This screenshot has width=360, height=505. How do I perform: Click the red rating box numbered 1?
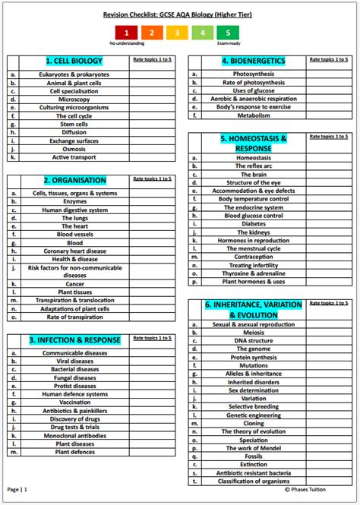pos(126,33)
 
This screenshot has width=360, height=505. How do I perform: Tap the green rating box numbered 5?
pos(228,33)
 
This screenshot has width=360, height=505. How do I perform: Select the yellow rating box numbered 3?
pos(177,33)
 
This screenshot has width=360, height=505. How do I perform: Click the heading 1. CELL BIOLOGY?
pos(74,61)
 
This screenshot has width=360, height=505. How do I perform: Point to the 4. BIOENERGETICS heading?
pos(253,61)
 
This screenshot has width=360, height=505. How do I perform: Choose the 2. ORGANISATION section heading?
pos(74,180)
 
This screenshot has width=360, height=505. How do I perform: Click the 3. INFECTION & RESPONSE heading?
pos(74,339)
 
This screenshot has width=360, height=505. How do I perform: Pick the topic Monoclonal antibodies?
pos(74,435)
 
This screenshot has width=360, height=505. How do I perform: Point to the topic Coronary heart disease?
pos(74,251)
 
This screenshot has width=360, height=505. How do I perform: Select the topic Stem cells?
pos(74,124)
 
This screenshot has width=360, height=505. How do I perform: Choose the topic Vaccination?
pos(74,402)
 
